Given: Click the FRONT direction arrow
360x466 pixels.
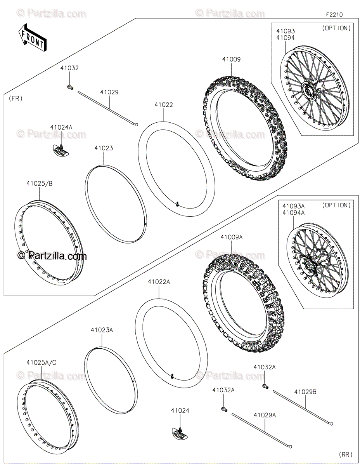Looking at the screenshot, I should [32, 37].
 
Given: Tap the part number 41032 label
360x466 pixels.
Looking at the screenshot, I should [69, 68].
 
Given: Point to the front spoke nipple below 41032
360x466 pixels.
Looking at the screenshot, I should [70, 87].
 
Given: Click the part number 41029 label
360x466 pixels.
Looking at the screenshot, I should [109, 92].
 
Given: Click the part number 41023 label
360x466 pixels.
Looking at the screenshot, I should [104, 148].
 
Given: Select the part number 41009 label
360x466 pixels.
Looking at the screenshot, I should [231, 59].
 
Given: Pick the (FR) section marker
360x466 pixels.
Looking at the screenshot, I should [16, 98].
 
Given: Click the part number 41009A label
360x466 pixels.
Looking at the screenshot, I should [232, 236].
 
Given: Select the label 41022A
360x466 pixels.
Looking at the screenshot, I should [159, 282].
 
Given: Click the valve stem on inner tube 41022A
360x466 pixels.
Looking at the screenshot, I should [172, 375].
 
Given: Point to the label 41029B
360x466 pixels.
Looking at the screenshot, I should [305, 392].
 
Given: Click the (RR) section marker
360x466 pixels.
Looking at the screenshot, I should [346, 454].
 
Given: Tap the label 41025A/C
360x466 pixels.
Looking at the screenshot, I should [42, 362].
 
